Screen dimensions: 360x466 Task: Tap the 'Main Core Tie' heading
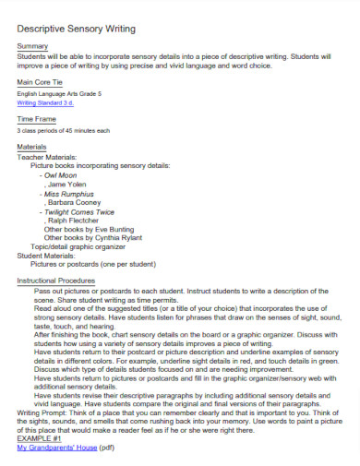[41, 83]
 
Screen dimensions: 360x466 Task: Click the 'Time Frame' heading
[36, 120]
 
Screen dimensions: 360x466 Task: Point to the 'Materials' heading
[32, 148]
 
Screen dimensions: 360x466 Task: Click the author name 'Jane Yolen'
[67, 185]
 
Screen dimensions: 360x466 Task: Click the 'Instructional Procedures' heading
[56, 280]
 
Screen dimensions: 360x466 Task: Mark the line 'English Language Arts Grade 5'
[58, 94]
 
